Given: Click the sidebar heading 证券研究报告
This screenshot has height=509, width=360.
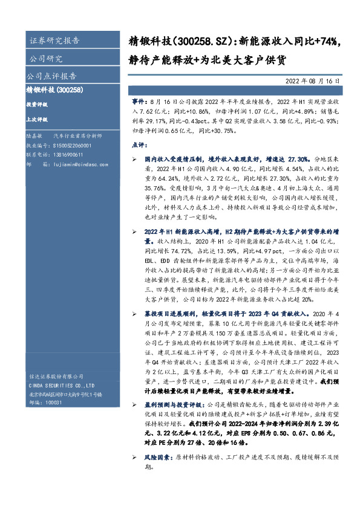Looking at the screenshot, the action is click(54, 41).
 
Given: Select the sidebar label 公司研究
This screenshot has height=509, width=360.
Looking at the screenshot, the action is click(46, 59).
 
